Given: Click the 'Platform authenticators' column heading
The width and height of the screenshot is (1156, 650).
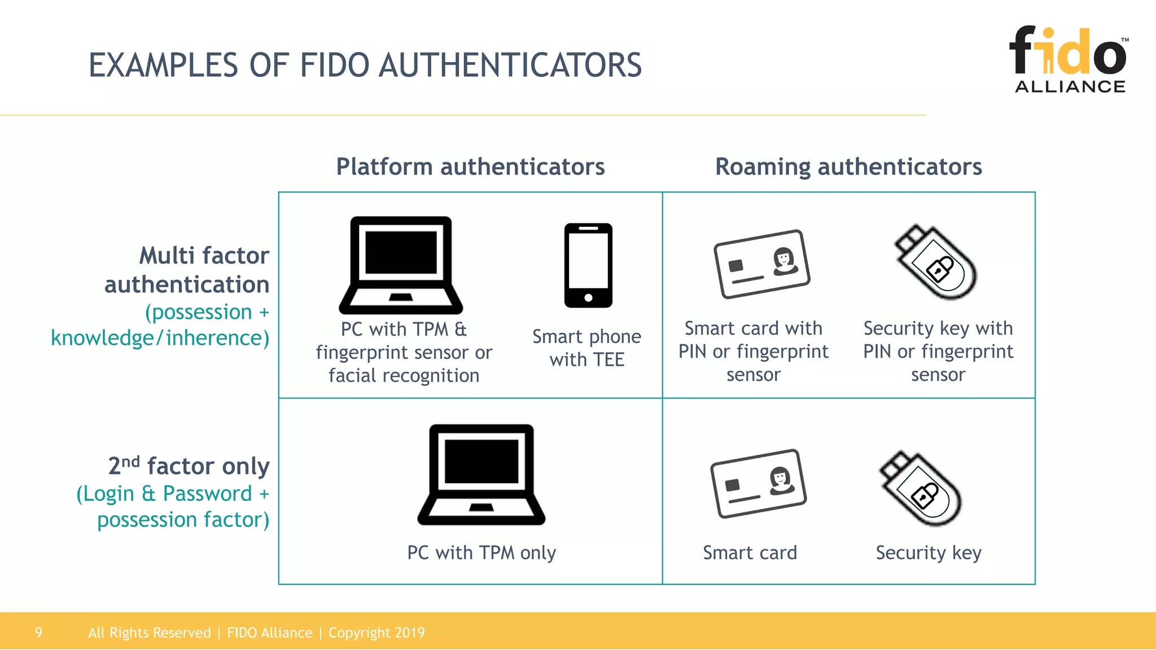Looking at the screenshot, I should pos(470,167).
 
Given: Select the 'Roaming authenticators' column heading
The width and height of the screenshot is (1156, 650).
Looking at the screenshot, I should pos(848,167).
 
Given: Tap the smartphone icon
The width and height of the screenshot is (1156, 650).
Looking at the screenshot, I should pos(588,265).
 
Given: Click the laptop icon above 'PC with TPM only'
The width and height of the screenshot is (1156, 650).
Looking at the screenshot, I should pos(481,475).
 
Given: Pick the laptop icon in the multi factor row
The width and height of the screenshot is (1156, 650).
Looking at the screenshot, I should pos(401,265).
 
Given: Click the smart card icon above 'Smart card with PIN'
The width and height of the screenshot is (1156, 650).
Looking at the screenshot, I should pos(761,263).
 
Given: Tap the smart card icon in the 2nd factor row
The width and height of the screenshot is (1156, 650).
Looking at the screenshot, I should pos(758,483).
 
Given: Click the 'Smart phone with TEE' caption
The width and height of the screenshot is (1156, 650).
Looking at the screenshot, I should pos(587,348).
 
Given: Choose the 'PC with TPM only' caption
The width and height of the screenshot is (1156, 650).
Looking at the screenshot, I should pos(481,553).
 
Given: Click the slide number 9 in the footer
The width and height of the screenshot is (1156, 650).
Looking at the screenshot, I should pos(38,633).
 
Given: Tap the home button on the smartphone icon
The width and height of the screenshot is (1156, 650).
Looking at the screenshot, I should pos(588,297).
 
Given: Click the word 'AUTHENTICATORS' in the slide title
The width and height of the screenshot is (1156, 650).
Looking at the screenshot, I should pos(510,65).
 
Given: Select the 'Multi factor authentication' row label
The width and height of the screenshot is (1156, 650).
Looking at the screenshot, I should pos(187,270).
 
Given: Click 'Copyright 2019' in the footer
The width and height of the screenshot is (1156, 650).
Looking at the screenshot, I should pos(376,633).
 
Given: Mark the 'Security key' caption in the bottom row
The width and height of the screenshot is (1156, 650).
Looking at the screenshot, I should pos(929,553).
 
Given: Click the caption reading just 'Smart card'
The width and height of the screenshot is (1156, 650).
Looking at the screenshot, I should pos(750,553).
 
